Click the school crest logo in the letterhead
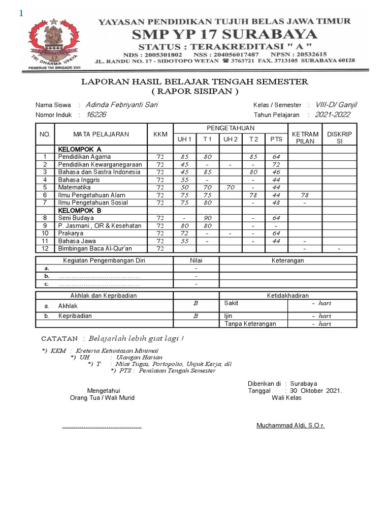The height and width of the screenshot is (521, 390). coord(55,43)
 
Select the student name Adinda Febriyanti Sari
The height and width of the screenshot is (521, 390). coord(122,105)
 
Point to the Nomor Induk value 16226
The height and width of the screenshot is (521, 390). coord(96,115)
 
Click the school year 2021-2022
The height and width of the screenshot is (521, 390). coord(333,115)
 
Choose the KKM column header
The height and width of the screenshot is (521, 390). coord(160,134)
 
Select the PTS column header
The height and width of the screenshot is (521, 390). coord(276,139)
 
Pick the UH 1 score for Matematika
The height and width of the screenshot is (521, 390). coord(184,187)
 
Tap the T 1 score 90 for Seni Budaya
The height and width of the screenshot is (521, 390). coord(208,218)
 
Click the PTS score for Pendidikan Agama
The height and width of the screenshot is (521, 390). coord(276,157)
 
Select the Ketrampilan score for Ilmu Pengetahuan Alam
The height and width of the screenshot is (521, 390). coord(305,195)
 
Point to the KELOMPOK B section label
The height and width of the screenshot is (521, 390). coord(80,210)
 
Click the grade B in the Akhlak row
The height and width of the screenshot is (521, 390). coord(196,304)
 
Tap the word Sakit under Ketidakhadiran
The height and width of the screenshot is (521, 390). coord(232,303)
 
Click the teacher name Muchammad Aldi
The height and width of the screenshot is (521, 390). coord(290,425)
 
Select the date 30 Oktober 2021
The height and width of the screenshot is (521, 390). coord(315,391)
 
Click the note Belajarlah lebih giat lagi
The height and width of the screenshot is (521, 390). coord(136,338)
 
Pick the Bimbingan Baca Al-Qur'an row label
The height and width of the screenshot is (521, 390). coord(95,248)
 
